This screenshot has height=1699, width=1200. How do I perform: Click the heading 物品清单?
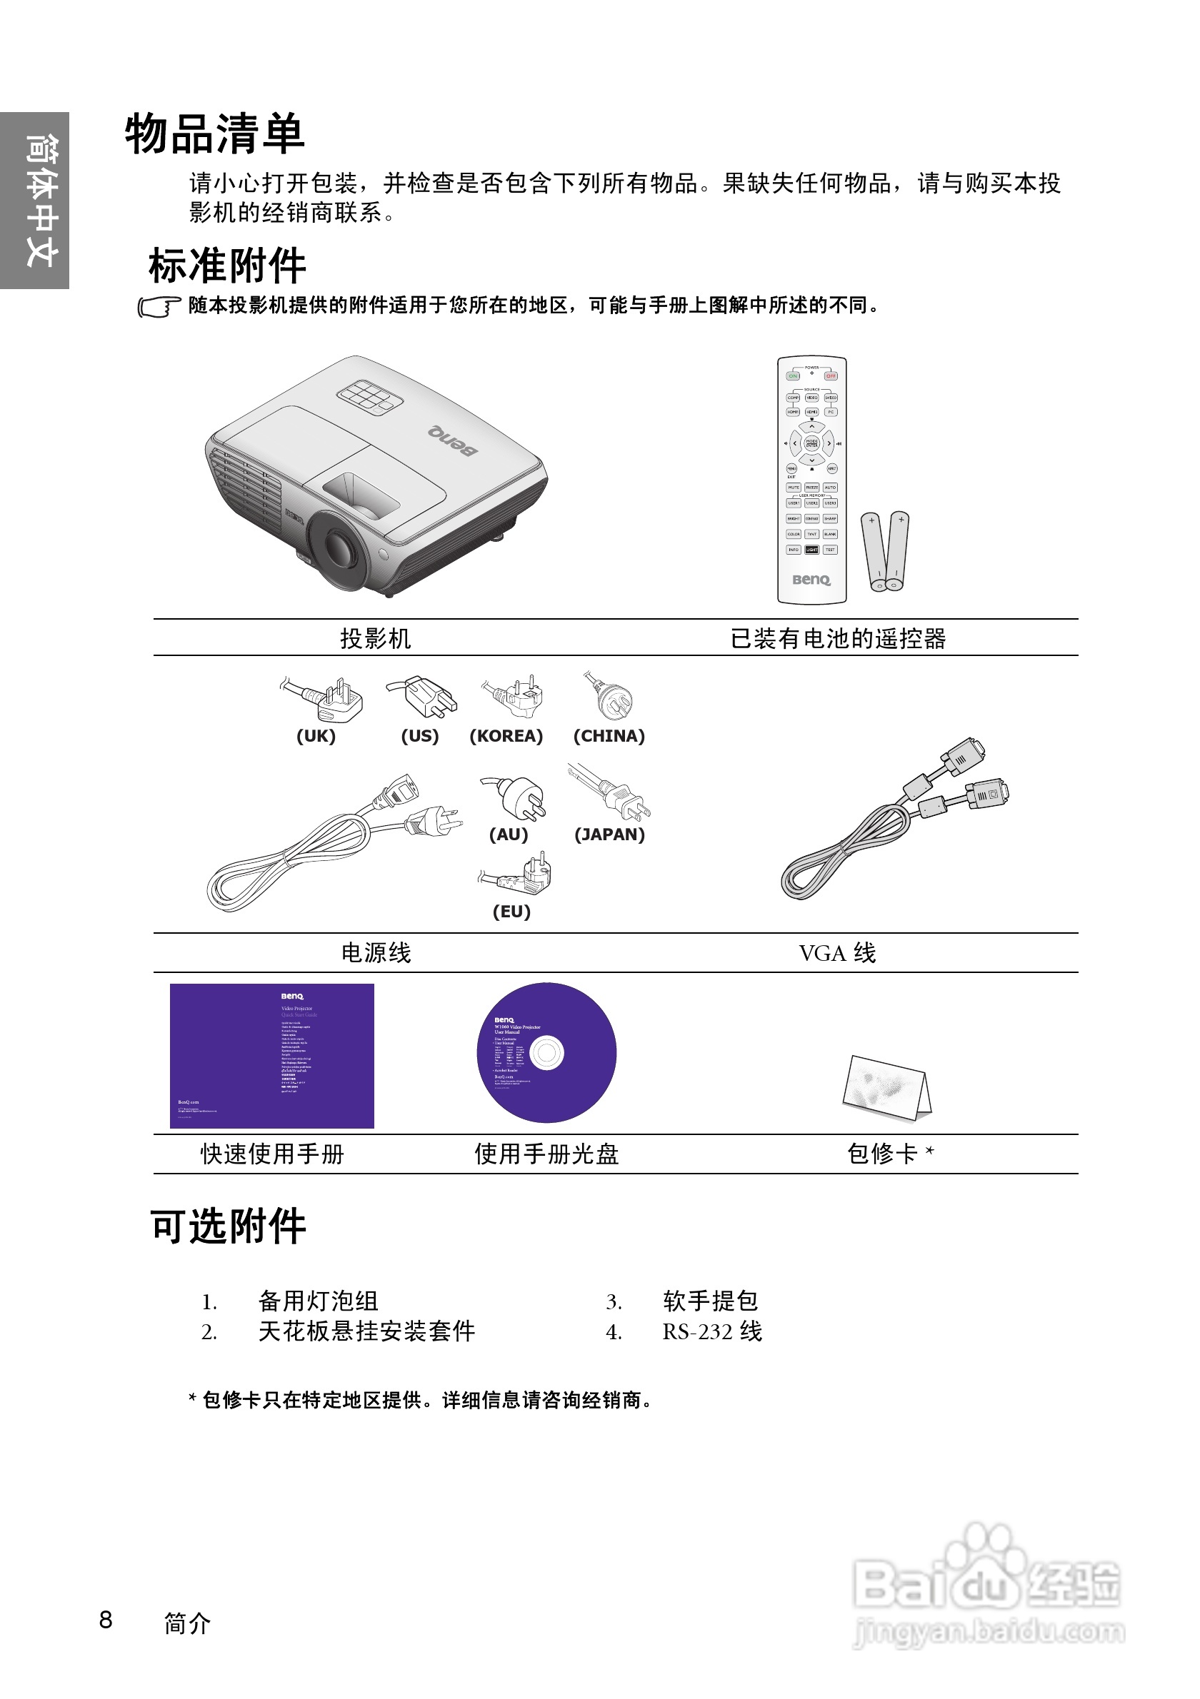[x=215, y=136]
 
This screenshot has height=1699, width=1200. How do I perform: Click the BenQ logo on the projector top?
[x=452, y=441]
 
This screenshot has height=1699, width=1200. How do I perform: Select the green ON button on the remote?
[x=793, y=376]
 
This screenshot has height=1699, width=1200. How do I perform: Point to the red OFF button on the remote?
[x=831, y=376]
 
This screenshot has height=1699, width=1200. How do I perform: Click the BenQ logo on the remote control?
[x=811, y=580]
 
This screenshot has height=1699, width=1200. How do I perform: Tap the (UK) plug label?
[x=316, y=736]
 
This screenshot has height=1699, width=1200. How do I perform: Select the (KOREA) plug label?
[x=506, y=736]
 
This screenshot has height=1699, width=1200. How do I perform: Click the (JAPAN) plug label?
[x=609, y=835]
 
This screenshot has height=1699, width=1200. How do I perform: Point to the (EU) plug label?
[x=511, y=912]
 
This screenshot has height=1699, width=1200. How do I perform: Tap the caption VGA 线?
[x=837, y=953]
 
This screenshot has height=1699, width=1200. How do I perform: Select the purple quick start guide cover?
[x=271, y=1055]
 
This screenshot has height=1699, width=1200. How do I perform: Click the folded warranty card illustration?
[x=887, y=1087]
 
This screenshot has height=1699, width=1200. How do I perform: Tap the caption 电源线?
[x=375, y=953]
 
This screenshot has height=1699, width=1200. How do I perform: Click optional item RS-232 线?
[x=711, y=1332]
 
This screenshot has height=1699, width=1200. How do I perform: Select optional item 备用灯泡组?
[x=319, y=1301]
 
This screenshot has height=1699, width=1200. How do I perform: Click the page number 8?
[x=106, y=1620]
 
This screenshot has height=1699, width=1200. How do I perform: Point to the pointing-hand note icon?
[x=159, y=307]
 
